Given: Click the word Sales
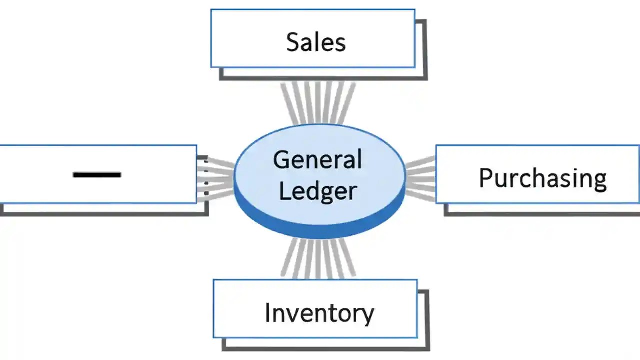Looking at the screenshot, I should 316,42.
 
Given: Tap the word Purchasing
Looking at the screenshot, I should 543,178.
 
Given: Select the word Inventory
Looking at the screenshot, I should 319,313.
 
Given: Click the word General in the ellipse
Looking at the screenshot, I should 317,160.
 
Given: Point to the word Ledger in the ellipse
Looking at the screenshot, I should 318,191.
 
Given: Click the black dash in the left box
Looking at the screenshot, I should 97,175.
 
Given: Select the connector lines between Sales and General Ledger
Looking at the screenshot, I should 318,102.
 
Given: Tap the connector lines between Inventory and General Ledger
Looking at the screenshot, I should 318,257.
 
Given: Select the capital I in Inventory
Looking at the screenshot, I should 267,313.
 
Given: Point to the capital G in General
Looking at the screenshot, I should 282,160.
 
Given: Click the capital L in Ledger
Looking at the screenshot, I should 284,191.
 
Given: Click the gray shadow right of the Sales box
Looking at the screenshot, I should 424,50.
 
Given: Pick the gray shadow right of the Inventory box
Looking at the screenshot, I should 427,320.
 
